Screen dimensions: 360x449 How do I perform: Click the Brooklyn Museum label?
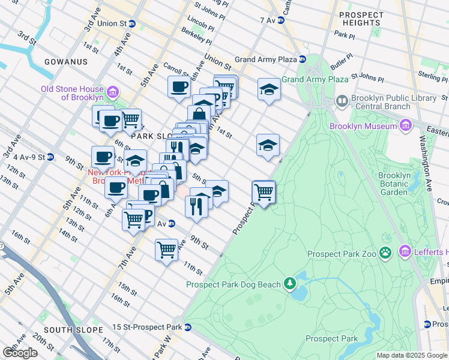tap(363, 126)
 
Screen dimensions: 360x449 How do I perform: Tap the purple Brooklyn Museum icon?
tap(406, 125)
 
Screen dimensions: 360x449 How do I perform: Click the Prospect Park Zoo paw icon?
tap(385, 253)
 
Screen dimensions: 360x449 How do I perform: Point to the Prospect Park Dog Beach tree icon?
tap(290, 283)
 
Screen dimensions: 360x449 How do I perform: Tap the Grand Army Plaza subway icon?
tap(303, 59)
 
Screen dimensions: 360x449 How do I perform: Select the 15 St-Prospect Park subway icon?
tap(188, 328)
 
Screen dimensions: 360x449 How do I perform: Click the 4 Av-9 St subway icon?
tap(50, 157)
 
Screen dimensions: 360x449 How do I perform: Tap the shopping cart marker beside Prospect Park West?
tap(264, 192)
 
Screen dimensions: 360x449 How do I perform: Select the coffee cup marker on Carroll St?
tap(179, 87)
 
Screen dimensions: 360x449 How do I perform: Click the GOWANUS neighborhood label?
tap(66, 62)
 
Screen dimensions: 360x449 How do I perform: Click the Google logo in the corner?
tap(20, 353)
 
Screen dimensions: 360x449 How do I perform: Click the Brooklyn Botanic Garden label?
tap(394, 184)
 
